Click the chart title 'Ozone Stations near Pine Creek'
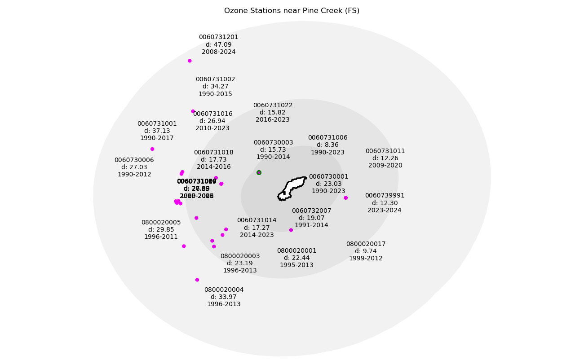[292, 11]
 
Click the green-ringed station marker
[259, 172]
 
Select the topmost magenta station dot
[190, 61]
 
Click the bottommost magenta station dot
[197, 280]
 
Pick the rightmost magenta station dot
[345, 198]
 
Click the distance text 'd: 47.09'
[218, 44]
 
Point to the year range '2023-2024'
[385, 210]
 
